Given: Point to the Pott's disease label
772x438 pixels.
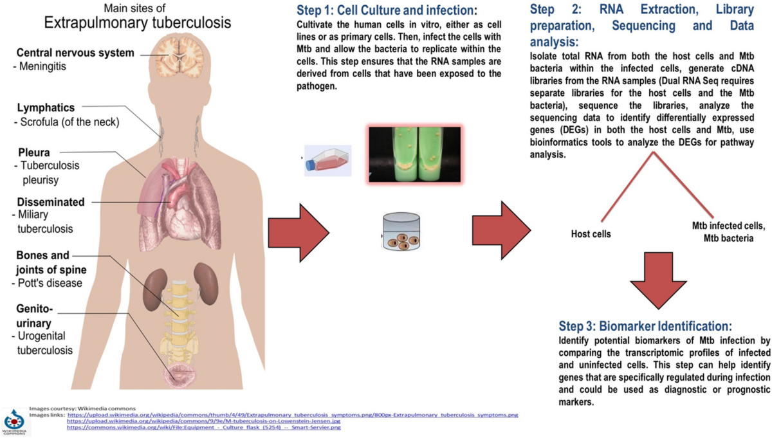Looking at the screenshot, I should (x=46, y=283).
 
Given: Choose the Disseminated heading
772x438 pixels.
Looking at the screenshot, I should (x=51, y=202).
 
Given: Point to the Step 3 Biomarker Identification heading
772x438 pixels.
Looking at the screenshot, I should (x=645, y=326).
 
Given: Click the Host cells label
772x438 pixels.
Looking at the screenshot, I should (x=591, y=234).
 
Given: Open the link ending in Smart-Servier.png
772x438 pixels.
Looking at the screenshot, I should (x=204, y=427).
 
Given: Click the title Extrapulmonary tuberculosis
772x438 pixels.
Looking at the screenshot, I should (x=137, y=24).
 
